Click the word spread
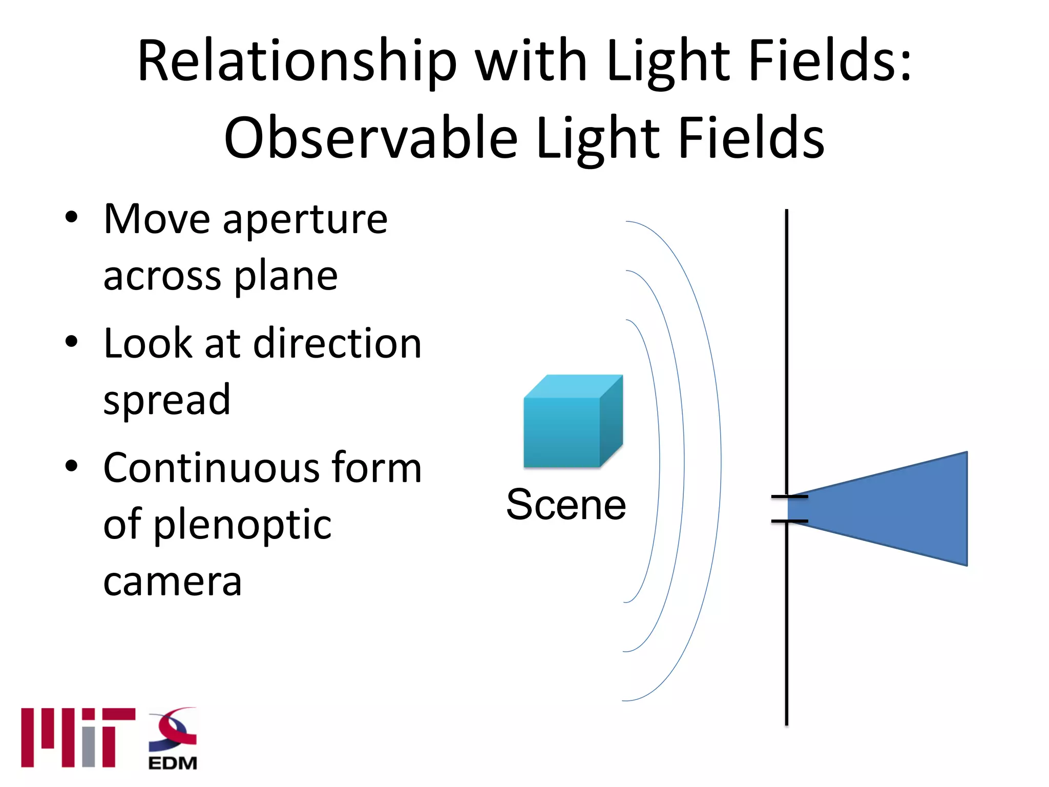click(167, 400)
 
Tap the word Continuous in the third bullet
click(209, 467)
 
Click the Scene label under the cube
click(566, 505)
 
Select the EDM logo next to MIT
click(173, 738)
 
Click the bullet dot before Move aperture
click(72, 217)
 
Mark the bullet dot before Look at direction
click(72, 341)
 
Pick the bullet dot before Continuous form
click(72, 465)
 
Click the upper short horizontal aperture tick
click(789, 496)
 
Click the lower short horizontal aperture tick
click(789, 521)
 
